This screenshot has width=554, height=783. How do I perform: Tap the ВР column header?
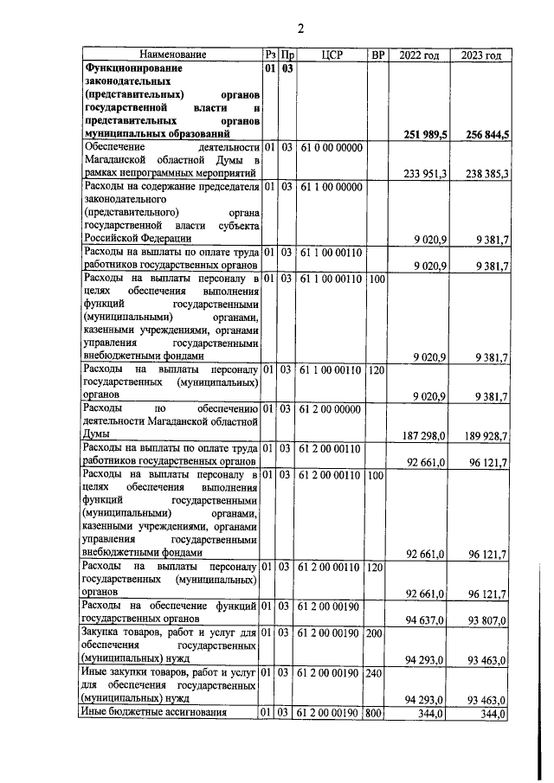pyautogui.click(x=377, y=55)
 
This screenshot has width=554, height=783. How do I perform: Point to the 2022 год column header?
pyautogui.click(x=421, y=55)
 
